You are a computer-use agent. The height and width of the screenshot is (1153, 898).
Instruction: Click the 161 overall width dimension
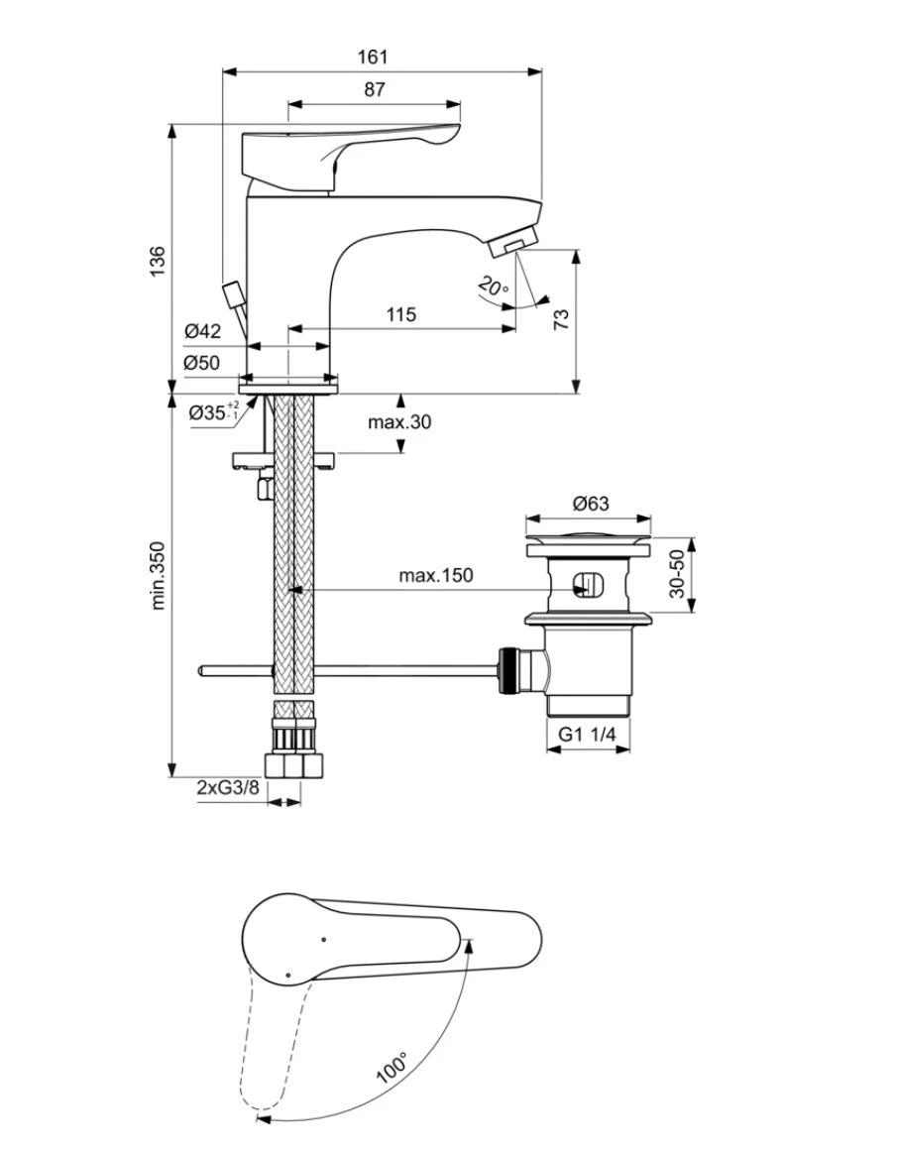373,58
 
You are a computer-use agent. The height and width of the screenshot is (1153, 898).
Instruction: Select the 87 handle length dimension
373,89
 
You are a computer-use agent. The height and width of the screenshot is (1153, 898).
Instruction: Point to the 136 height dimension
158,260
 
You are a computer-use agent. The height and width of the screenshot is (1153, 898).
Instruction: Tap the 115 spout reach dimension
400,314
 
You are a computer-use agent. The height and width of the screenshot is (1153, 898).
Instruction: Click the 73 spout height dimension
561,318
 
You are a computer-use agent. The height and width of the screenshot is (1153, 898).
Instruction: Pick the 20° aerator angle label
493,288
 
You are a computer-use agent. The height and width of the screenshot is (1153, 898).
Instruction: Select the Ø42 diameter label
202,331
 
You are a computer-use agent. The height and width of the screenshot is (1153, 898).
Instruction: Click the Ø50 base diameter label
202,363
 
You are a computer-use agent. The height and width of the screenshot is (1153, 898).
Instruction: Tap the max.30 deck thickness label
400,421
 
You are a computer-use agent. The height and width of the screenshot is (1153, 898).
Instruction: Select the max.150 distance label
436,575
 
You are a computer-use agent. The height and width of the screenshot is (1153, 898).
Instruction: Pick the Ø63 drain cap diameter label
590,504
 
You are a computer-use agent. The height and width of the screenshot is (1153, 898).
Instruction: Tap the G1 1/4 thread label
588,734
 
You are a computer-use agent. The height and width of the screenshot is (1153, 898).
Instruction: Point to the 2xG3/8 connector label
228,787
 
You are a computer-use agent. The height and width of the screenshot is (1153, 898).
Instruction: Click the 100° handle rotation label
393,1067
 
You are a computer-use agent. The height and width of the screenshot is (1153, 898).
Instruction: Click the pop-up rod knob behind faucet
233,294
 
